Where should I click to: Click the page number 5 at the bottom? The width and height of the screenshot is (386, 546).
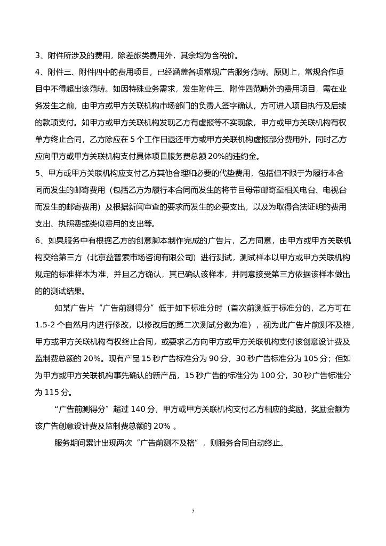[193, 511]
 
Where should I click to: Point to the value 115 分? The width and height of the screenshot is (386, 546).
[53, 392]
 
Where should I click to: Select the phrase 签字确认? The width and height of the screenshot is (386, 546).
[222, 106]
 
